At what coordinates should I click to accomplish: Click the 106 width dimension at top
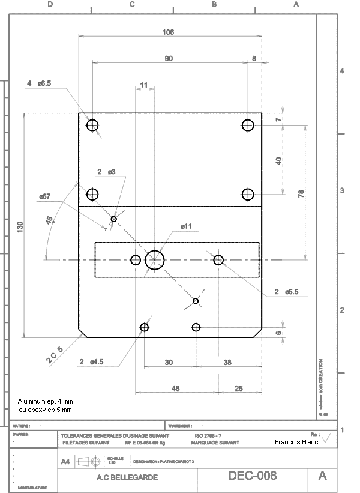click(x=169, y=32)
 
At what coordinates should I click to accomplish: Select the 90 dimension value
click(x=169, y=58)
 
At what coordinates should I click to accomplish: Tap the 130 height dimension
click(x=20, y=226)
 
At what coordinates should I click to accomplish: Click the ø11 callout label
click(x=186, y=226)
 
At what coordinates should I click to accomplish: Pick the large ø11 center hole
click(x=155, y=260)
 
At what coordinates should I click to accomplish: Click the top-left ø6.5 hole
click(x=92, y=126)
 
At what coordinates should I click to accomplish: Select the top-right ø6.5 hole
click(x=248, y=126)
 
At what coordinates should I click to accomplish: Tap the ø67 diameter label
click(x=44, y=196)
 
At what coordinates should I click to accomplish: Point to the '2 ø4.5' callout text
click(x=91, y=361)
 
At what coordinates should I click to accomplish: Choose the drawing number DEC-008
click(x=253, y=476)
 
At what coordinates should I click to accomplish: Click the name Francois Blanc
click(x=296, y=441)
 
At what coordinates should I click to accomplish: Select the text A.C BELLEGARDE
click(x=127, y=477)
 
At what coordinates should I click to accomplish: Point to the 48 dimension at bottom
click(x=176, y=389)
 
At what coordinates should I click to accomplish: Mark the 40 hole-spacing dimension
click(x=278, y=160)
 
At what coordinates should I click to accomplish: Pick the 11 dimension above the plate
click(x=143, y=85)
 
